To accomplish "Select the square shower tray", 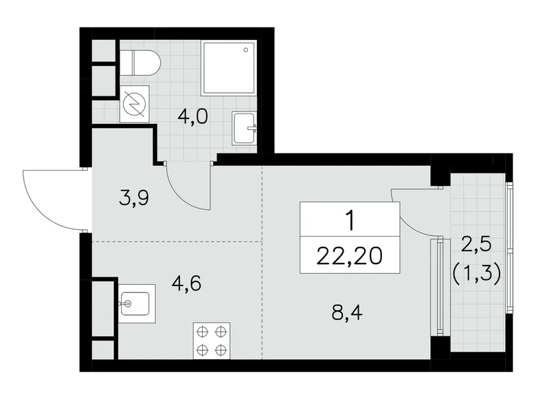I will (230, 67).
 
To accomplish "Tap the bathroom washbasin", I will (244, 128).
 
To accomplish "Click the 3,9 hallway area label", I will (133, 199).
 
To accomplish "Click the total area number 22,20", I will (350, 257).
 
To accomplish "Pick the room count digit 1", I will (350, 221).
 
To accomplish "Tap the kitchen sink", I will (135, 303).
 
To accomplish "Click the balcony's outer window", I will (509, 248).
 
